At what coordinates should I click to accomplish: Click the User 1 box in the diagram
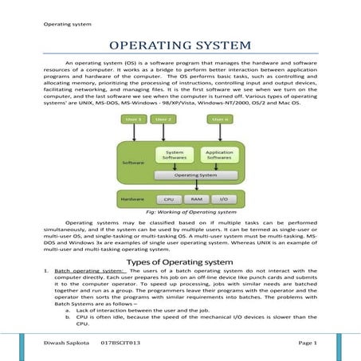coord(134,120)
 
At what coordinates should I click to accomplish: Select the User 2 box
coord(162,120)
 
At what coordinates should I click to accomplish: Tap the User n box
coord(221,120)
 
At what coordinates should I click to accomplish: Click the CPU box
coord(169,199)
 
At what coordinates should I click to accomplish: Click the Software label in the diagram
coord(133,162)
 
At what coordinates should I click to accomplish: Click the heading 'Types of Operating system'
coord(180,261)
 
